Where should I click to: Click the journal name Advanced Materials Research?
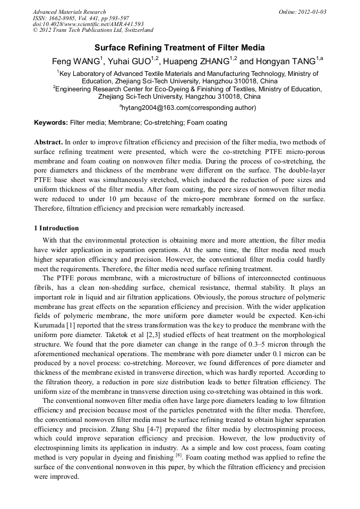(x=69, y=12)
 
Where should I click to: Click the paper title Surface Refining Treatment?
(x=180, y=48)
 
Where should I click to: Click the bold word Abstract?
(x=48, y=142)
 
